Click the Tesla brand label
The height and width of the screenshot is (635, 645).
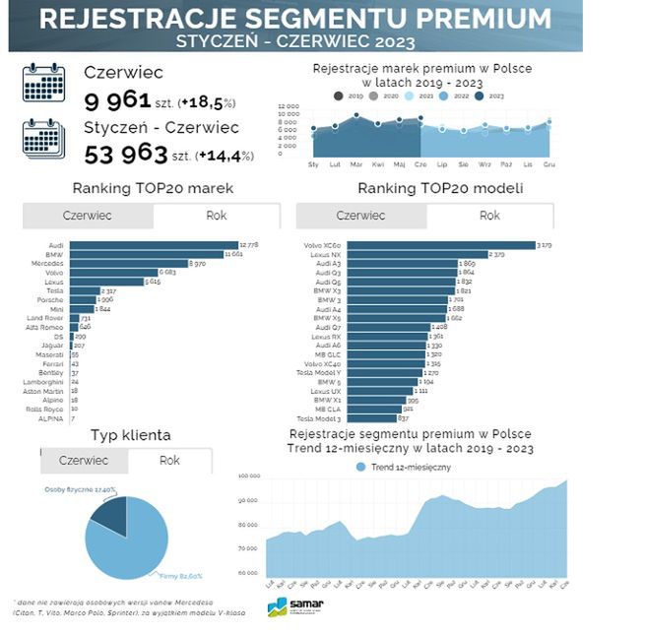(54, 290)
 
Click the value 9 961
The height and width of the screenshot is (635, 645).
(116, 100)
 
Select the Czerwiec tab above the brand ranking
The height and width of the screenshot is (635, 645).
(87, 216)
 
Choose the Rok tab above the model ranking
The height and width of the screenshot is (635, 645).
(489, 216)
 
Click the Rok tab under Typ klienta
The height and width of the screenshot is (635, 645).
(169, 460)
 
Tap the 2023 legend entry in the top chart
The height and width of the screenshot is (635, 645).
(490, 95)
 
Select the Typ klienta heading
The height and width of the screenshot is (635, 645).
(131, 434)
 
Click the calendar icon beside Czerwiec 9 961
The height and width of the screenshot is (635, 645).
(44, 84)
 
